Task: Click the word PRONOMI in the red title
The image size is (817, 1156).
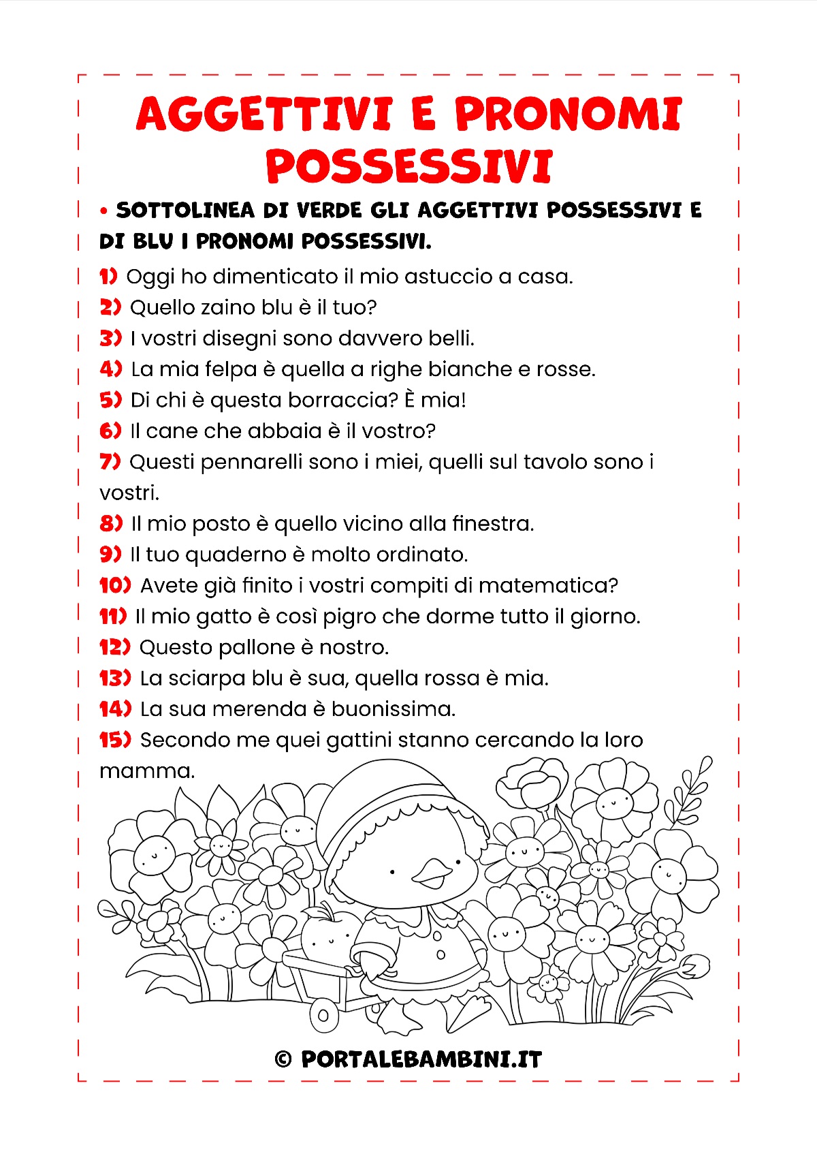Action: tap(568, 114)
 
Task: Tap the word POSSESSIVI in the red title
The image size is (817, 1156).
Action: tap(408, 167)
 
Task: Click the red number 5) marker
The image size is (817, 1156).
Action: tap(110, 400)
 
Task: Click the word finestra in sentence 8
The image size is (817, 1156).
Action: tap(493, 524)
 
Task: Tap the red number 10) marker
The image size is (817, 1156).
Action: tap(115, 585)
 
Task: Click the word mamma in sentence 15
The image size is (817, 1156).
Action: tap(146, 771)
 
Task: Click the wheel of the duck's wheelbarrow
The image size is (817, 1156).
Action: tap(324, 1016)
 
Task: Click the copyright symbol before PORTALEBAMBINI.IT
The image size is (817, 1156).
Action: tap(283, 1059)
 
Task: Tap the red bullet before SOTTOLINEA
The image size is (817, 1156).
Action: tap(103, 211)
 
